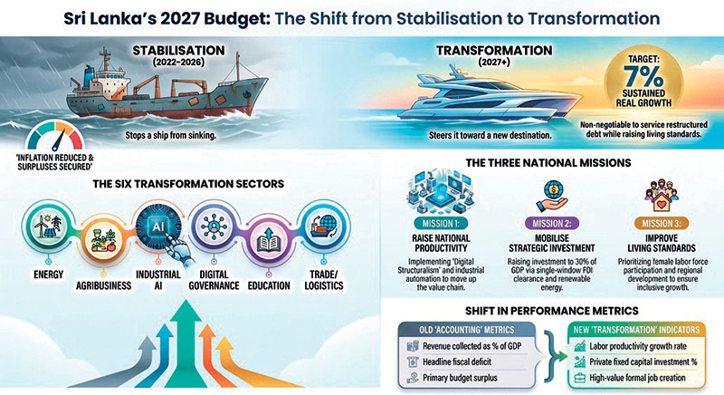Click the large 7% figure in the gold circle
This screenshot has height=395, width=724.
tap(643, 76)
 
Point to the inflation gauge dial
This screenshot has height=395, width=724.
tap(54, 135)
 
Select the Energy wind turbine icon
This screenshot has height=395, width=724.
tap(48, 226)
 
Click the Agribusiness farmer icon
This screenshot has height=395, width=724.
tap(103, 240)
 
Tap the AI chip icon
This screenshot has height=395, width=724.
tap(157, 226)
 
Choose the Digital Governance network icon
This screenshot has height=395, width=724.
tap(214, 226)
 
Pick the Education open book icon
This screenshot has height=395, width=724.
tap(269, 240)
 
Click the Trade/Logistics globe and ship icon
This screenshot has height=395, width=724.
tap(324, 226)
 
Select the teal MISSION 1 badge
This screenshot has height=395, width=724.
tap(441, 224)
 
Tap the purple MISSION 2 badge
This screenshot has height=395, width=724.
tap(552, 224)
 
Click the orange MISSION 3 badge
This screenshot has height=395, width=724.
tap(662, 224)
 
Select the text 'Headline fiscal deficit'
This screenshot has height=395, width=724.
tap(457, 361)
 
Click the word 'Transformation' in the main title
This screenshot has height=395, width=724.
tap(594, 18)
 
